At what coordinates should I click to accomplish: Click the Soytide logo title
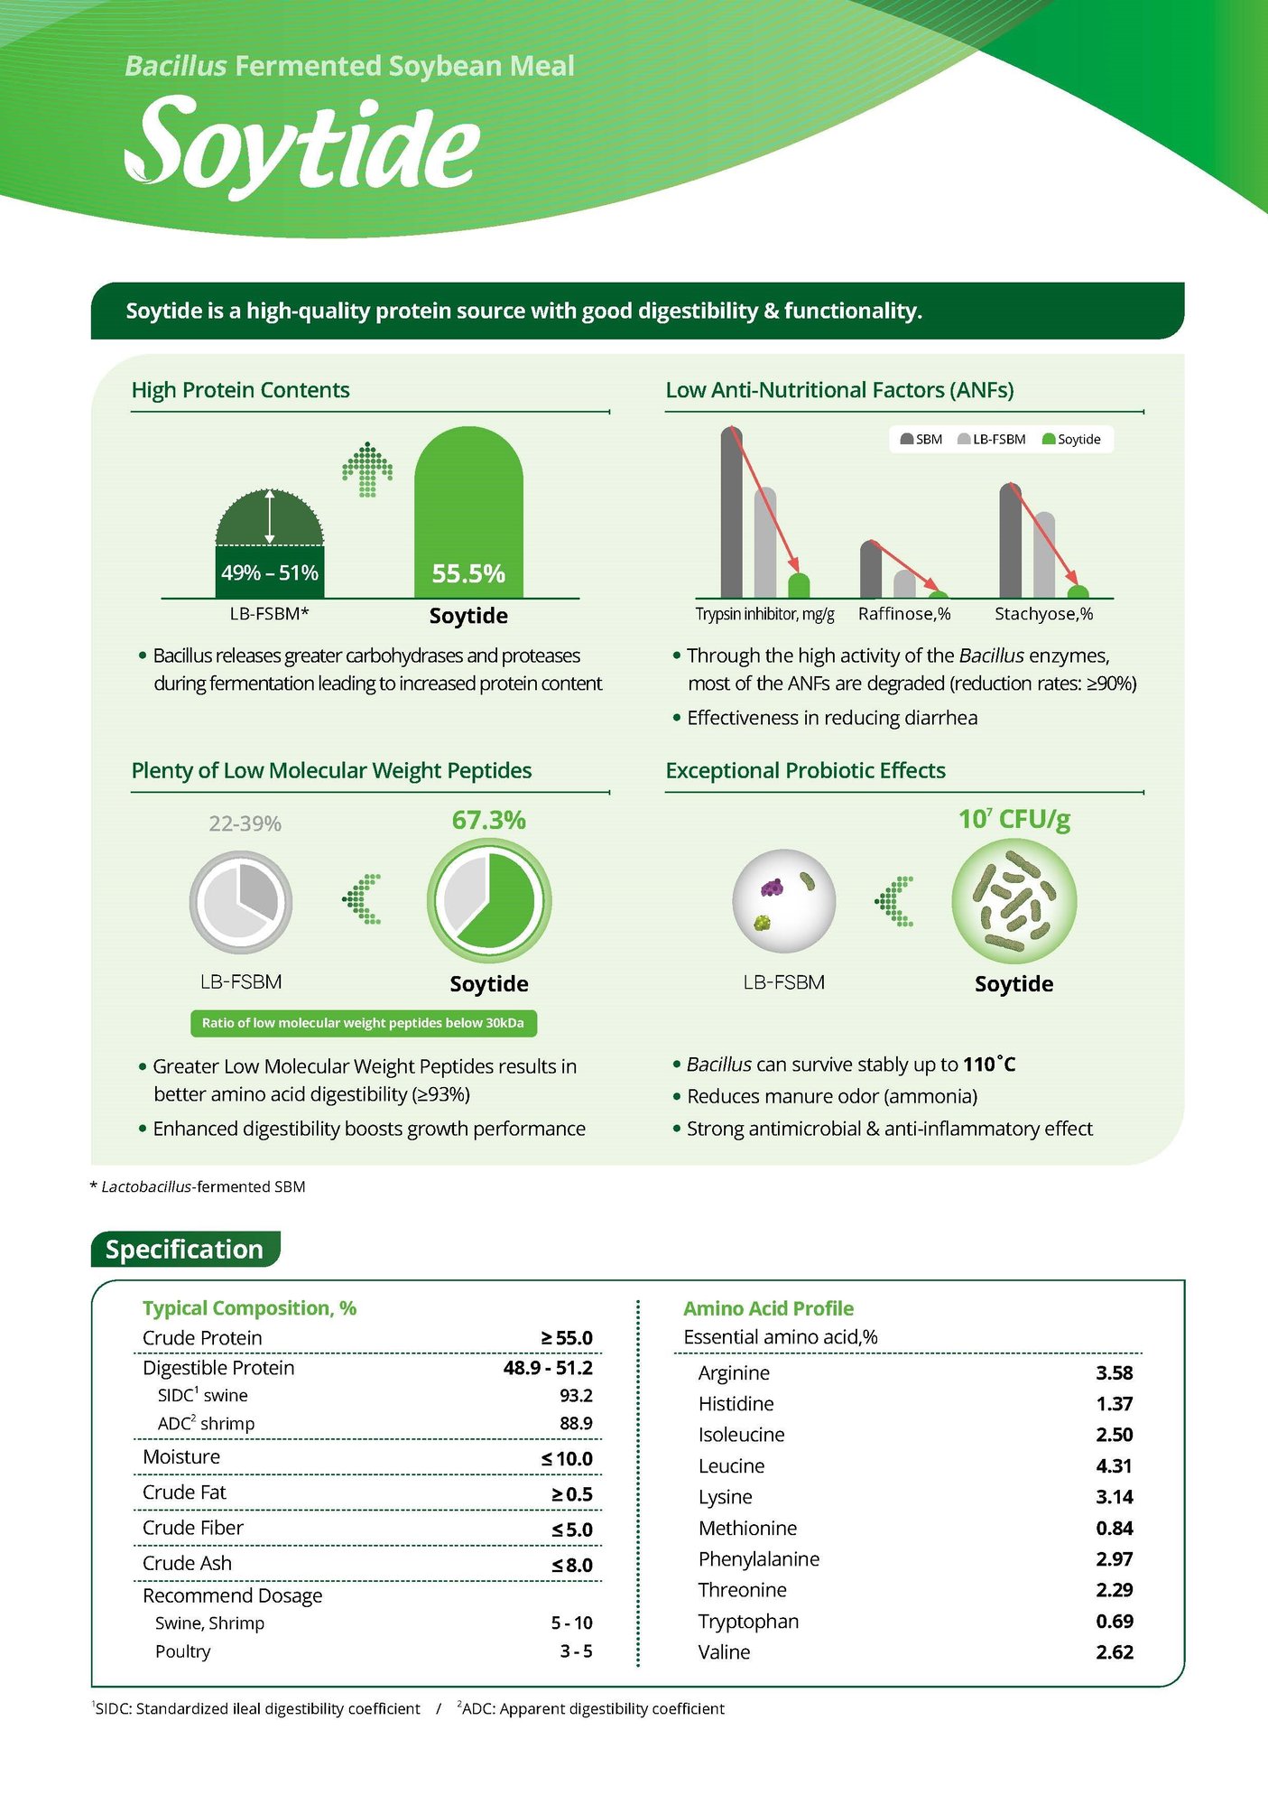tap(302, 144)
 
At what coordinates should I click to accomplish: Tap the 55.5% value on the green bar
tap(468, 573)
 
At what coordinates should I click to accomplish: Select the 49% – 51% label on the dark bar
tap(269, 572)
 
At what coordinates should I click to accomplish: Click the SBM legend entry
tap(921, 440)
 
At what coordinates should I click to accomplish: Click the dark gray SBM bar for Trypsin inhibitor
tap(731, 515)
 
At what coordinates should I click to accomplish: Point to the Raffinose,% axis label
tap(904, 614)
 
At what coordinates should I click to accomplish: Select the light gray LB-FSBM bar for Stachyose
tap(1044, 554)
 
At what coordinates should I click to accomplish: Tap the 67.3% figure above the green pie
tap(488, 820)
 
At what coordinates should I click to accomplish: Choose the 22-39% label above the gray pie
tap(245, 823)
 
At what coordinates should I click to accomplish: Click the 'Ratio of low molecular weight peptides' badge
tap(363, 1023)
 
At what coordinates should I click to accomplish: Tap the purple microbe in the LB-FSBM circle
tap(772, 888)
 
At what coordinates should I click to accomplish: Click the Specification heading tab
tap(185, 1249)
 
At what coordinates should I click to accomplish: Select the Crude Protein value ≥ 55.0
tap(567, 1338)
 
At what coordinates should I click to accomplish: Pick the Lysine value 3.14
tap(1114, 1497)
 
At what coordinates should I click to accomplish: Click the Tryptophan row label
tap(748, 1621)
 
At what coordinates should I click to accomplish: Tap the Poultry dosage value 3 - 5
tap(576, 1651)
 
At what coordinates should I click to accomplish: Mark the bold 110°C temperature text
tap(989, 1065)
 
